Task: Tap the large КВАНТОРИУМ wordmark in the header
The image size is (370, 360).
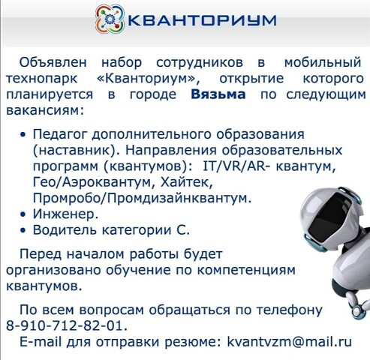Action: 202,19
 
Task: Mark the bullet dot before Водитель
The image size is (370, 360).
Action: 23,231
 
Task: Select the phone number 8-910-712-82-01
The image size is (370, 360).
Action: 67,325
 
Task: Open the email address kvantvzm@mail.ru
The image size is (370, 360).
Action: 289,341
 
